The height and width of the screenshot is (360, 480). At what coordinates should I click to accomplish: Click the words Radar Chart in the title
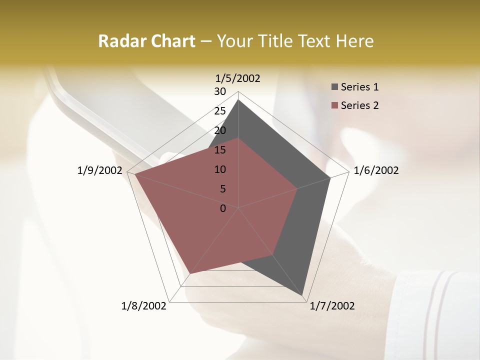(146, 41)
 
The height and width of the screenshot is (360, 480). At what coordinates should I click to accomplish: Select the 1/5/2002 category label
(237, 78)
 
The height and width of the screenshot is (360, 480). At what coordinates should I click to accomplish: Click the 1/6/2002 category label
(376, 171)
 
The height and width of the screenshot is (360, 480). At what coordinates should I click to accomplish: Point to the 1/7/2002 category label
(332, 306)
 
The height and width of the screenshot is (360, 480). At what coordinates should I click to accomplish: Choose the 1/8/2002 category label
(143, 306)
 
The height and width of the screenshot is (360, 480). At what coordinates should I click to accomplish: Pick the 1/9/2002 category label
(99, 171)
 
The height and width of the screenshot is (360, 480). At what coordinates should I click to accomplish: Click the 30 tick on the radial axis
(220, 91)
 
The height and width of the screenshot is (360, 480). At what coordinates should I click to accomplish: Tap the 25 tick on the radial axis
(220, 111)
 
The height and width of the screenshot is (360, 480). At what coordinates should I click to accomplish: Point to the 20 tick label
(220, 130)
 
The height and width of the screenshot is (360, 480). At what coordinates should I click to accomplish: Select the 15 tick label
(220, 150)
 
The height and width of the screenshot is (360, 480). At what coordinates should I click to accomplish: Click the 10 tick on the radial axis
(220, 169)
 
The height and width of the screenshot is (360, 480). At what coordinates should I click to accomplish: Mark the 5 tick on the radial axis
(222, 189)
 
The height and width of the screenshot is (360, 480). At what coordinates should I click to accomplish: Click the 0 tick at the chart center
(223, 208)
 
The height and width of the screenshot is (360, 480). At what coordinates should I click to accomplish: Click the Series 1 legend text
(359, 87)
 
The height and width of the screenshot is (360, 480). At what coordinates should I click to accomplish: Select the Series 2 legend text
(359, 105)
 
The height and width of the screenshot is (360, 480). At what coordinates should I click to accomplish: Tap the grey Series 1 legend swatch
(334, 87)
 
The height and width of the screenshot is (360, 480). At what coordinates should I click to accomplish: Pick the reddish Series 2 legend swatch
(334, 105)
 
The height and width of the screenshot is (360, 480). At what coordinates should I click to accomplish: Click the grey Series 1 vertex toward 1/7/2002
(303, 295)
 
